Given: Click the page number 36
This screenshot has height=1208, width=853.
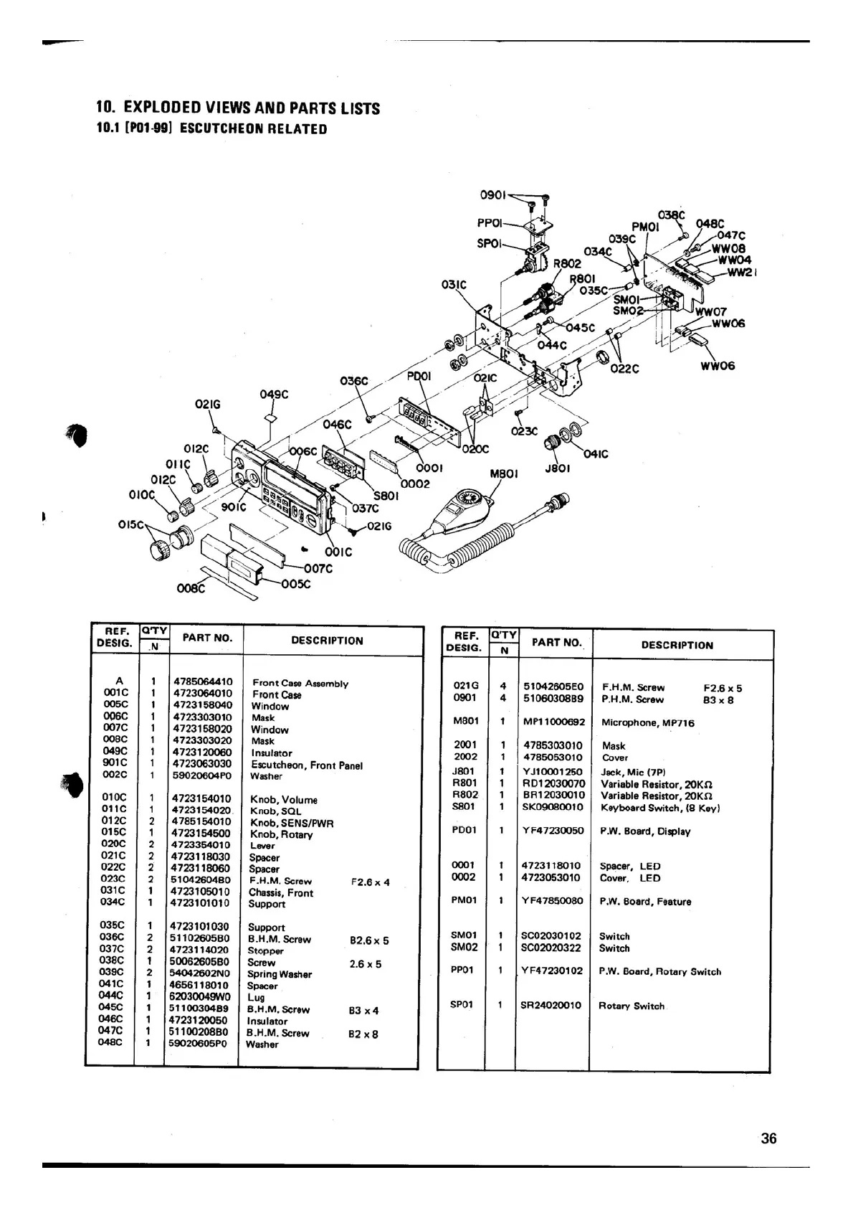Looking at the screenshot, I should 768,1138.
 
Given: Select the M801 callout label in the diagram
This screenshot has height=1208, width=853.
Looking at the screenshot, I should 504,473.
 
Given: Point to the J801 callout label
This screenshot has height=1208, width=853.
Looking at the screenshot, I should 558,468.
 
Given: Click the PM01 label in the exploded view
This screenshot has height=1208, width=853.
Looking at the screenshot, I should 644,227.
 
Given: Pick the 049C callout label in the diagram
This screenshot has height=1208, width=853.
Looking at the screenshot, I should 274,394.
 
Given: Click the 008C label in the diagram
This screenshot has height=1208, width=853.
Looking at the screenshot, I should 191,589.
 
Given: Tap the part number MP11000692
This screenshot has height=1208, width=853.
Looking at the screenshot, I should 553,722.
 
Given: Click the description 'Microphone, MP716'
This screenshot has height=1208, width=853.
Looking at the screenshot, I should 647,723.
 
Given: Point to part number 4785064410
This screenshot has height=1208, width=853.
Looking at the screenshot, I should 203,681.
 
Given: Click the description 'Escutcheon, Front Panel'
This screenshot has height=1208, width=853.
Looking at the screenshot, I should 306,765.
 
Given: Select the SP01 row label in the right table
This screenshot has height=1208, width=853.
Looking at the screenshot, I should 462,1004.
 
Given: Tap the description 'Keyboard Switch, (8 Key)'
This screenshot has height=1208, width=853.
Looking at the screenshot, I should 659,808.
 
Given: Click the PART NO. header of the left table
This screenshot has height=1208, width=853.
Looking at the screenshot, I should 207,637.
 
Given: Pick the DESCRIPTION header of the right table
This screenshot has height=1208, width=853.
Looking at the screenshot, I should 677,645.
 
